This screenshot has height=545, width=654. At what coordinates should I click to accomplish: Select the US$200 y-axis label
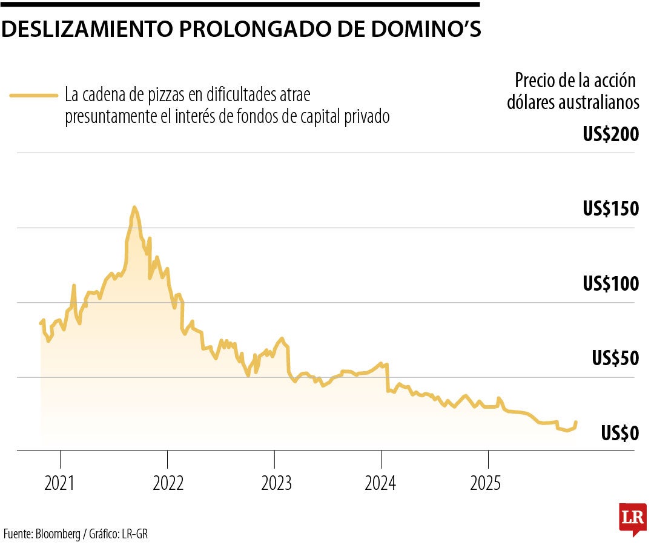[610, 134]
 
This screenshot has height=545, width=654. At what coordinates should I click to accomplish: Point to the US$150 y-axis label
[610, 209]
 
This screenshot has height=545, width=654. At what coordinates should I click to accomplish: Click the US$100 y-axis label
[610, 283]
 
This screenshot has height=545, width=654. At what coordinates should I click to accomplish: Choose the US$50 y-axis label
[615, 358]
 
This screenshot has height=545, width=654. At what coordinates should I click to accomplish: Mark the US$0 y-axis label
[620, 433]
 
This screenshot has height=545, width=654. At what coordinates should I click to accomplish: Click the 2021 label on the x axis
[60, 483]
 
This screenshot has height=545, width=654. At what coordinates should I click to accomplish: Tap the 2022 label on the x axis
[168, 483]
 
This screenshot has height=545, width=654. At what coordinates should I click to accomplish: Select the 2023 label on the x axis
[276, 483]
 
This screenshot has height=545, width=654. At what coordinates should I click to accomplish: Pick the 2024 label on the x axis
[381, 483]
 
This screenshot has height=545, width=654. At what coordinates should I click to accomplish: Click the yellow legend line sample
[33, 95]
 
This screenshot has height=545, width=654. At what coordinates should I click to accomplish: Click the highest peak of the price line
[134, 208]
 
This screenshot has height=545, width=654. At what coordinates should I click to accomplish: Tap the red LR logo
[632, 518]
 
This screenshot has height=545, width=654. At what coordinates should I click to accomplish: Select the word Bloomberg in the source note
[60, 534]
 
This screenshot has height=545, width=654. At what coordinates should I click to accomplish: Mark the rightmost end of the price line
[576, 421]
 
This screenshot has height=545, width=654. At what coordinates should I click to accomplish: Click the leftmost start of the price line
[41, 323]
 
